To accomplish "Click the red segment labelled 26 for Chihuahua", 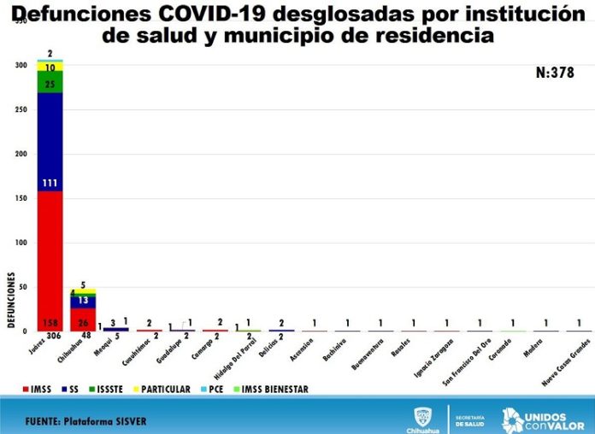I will point(83,321).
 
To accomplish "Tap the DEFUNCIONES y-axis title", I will point(11,299).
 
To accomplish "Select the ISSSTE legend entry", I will point(108,390).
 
